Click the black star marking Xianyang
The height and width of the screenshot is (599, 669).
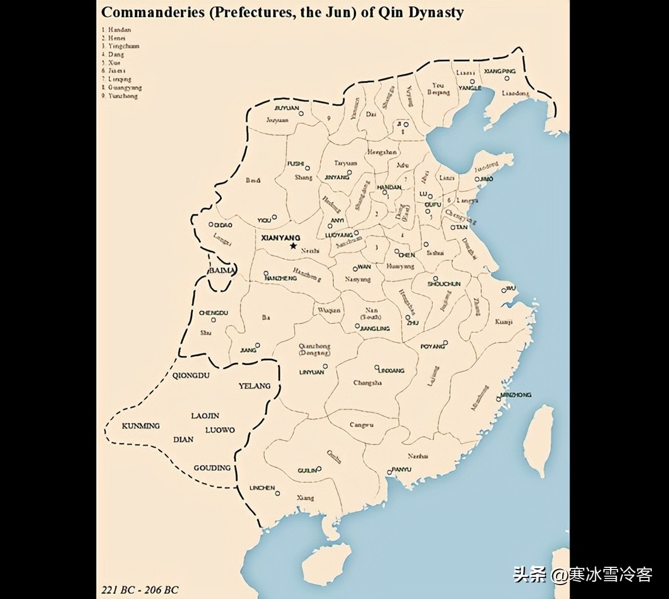click(293, 246)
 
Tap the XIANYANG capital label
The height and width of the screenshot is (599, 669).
click(280, 237)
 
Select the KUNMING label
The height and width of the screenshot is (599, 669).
click(141, 426)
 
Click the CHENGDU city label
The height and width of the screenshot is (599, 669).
click(213, 313)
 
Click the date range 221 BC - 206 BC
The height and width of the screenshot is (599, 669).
click(140, 590)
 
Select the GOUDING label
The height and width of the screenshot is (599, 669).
click(212, 468)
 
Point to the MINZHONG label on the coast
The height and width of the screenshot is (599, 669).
click(516, 395)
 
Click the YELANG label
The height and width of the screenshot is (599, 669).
click(254, 386)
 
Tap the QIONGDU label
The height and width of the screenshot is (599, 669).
click(191, 375)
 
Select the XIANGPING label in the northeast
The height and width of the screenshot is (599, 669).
click(500, 71)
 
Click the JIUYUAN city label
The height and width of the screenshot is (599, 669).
click(286, 108)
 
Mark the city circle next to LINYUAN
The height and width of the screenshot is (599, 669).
click(325, 366)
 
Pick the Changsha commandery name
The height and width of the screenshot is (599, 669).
click(367, 383)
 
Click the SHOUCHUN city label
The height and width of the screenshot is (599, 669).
click(444, 284)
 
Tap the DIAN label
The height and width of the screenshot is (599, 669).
click(183, 439)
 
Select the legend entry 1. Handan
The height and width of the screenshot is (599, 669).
click(117, 29)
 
